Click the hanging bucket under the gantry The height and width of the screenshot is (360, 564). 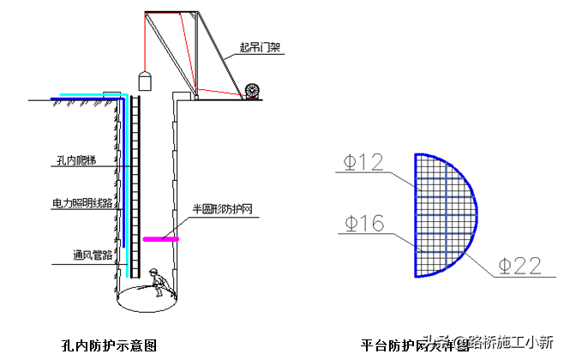pyautogui.click(x=144, y=81)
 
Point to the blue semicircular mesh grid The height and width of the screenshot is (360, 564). pyautogui.click(x=442, y=215)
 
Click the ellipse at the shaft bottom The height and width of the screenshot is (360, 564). pyautogui.click(x=147, y=298)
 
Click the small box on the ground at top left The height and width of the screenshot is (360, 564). pyautogui.click(x=112, y=94)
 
